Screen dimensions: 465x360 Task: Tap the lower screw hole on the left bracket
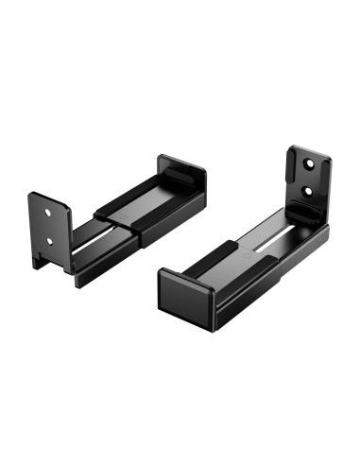(x=49, y=239)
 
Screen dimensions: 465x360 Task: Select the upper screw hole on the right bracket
(x=311, y=163)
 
